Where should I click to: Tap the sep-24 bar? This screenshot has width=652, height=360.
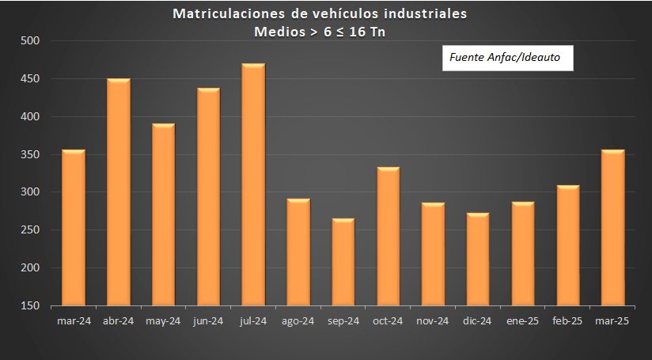point(343,262)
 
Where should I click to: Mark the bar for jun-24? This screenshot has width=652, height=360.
point(208,197)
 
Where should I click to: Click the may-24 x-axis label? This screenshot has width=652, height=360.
point(163,320)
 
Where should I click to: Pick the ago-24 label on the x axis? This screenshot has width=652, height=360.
point(298,320)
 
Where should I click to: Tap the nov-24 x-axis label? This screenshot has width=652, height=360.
point(433,320)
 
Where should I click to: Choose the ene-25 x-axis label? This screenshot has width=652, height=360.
point(523,320)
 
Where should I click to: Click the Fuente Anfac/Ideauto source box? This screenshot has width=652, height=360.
point(506,58)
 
